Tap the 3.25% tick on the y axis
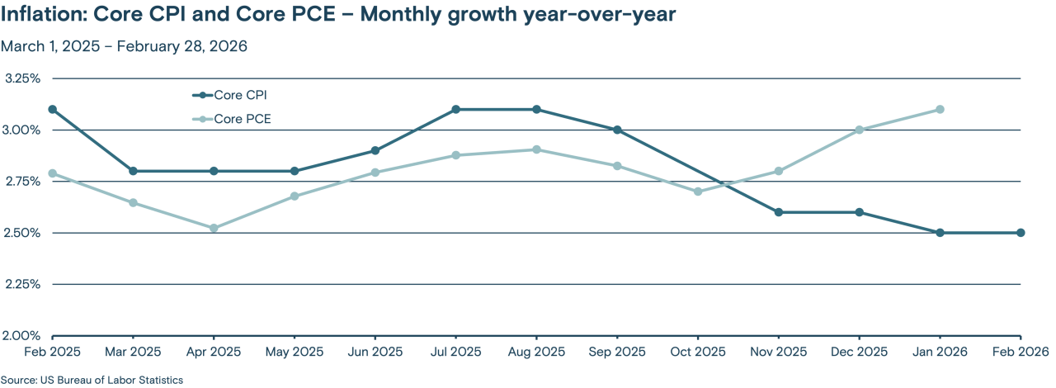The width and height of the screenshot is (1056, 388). click(x=22, y=78)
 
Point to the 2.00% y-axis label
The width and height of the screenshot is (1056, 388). click(x=22, y=335)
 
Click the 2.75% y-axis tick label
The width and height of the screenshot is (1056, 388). click(x=22, y=181)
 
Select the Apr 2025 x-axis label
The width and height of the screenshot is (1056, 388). click(x=214, y=352)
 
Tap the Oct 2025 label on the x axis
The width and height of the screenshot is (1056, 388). click(x=698, y=352)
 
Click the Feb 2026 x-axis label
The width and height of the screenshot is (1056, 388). click(x=1020, y=352)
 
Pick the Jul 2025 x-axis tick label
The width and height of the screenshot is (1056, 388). click(x=455, y=352)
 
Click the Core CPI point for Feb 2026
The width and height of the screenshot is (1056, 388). click(x=1021, y=233)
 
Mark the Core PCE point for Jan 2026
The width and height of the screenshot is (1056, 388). click(x=940, y=109)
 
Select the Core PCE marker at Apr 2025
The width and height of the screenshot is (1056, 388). click(x=214, y=228)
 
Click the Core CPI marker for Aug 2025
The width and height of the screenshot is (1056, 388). click(x=536, y=109)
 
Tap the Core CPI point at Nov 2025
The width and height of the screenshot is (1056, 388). click(x=779, y=212)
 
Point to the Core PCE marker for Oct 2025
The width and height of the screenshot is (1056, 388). click(x=698, y=192)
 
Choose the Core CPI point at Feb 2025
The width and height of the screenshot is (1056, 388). click(x=53, y=109)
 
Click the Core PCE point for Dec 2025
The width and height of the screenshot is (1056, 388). click(x=859, y=130)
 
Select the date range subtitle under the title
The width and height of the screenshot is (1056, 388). click(x=124, y=46)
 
